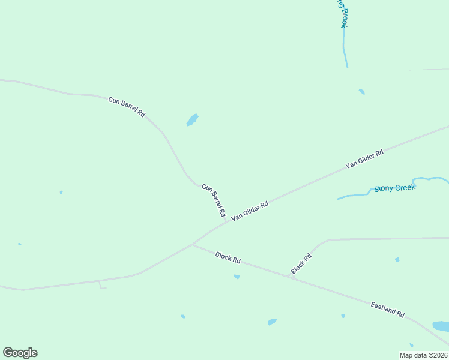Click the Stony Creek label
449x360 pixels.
pyautogui.click(x=394, y=188)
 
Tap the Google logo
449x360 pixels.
pyautogui.click(x=20, y=353)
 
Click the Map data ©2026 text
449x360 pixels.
pyautogui.click(x=423, y=355)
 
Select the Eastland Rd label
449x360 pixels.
pyautogui.click(x=387, y=310)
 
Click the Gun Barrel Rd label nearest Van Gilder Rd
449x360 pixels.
pyautogui.click(x=214, y=200)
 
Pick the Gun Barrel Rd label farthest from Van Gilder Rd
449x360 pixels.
pyautogui.click(x=127, y=106)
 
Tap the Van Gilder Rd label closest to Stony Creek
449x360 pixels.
pyautogui.click(x=364, y=159)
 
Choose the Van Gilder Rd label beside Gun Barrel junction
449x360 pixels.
pyautogui.click(x=249, y=211)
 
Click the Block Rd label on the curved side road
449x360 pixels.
pyautogui.click(x=301, y=265)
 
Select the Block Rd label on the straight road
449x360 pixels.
pyautogui.click(x=228, y=257)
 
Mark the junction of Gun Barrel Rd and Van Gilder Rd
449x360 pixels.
pyautogui.click(x=226, y=222)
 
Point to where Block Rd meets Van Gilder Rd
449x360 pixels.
pyautogui.click(x=192, y=244)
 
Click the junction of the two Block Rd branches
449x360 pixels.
pyautogui.click(x=292, y=277)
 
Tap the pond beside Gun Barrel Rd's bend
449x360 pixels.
pyautogui.click(x=192, y=120)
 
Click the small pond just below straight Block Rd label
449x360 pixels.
pyautogui.click(x=237, y=277)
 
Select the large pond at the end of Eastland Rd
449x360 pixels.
pyautogui.click(x=441, y=326)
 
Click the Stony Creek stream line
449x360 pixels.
pyautogui.click(x=354, y=195)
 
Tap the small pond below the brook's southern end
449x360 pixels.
pyautogui.click(x=361, y=92)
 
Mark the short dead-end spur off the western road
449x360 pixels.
pyautogui.click(x=101, y=286)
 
